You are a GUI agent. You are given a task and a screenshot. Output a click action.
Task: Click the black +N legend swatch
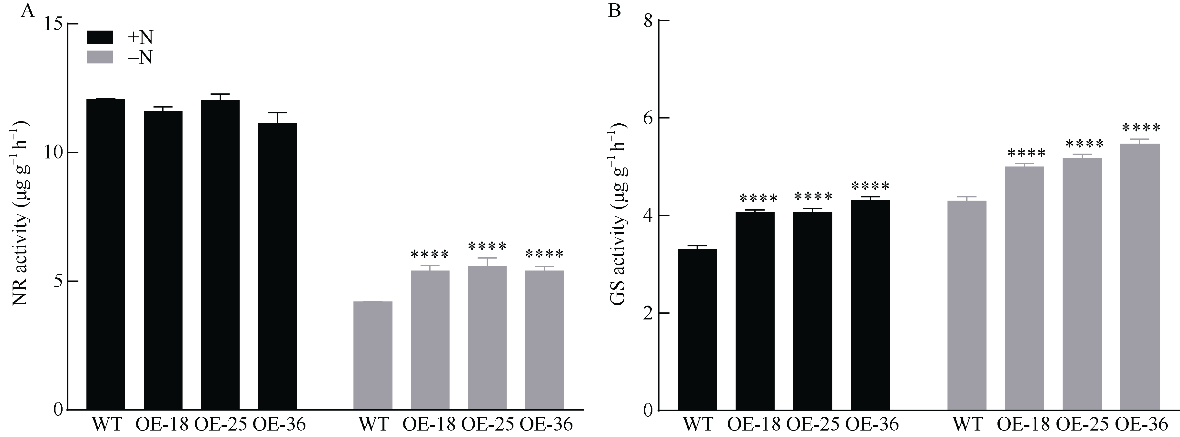[100, 37]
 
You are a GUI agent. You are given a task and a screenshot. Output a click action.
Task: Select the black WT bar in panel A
[106, 254]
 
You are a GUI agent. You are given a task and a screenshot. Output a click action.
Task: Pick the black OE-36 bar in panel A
[277, 265]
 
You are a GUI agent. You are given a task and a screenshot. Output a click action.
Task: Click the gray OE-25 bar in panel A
[487, 337]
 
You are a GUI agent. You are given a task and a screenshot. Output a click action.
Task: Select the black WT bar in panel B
[697, 329]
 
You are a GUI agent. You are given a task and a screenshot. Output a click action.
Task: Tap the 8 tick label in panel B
[647, 21]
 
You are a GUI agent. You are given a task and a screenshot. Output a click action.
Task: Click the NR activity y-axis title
[21, 213]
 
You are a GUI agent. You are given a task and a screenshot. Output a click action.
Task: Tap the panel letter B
[614, 10]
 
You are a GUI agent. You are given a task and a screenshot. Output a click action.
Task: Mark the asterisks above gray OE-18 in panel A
[430, 254]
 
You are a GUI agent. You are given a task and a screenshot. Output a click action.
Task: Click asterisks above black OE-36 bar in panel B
[870, 187]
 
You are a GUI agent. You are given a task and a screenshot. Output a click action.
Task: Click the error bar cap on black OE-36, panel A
[277, 113]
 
